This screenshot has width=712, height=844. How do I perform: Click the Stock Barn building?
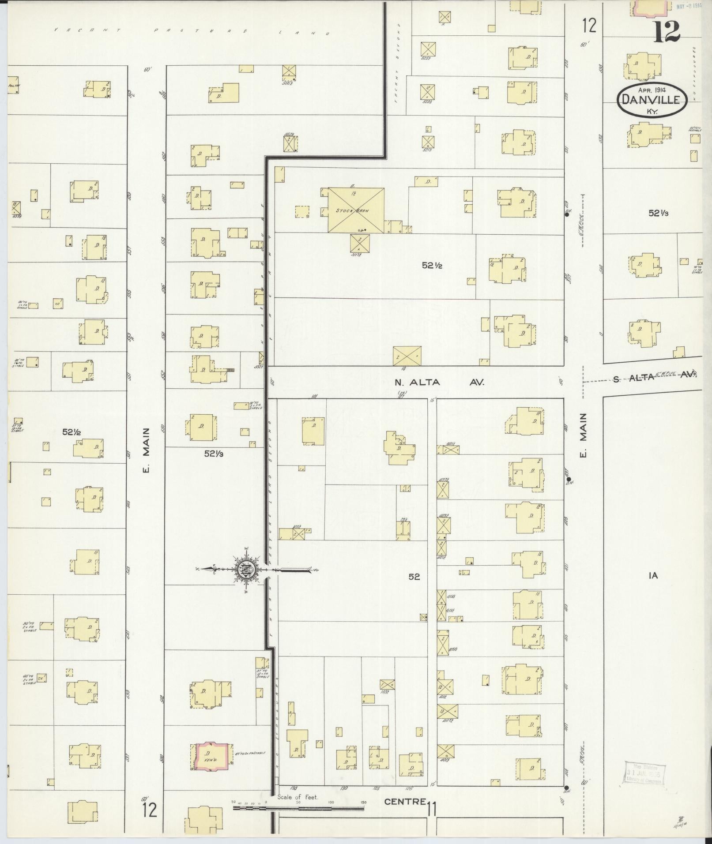[355, 210]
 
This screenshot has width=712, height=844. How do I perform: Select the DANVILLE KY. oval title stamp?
[652, 100]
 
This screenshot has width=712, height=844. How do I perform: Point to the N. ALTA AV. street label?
[440, 382]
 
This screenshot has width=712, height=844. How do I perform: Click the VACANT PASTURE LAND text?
[192, 31]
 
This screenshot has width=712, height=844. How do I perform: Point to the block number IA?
[653, 575]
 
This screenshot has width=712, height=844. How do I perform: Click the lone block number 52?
[414, 576]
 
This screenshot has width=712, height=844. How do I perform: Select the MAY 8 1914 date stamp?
[689, 6]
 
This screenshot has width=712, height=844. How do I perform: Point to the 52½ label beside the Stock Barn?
[432, 265]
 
